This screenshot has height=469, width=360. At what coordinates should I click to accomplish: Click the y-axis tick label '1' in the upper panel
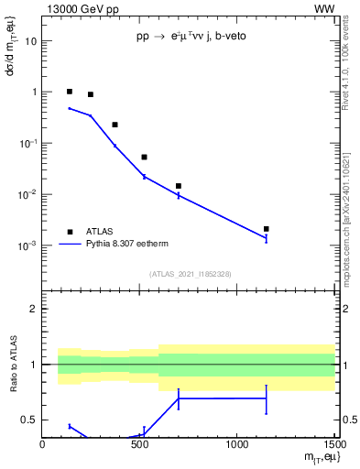(x=34, y=93)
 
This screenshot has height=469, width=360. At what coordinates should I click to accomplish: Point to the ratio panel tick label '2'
(x=34, y=309)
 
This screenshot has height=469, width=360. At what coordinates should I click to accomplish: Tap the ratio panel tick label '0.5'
(x=29, y=420)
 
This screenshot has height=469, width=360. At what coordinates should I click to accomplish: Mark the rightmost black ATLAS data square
(x=266, y=229)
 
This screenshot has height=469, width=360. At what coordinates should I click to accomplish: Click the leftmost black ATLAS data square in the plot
(x=70, y=92)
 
